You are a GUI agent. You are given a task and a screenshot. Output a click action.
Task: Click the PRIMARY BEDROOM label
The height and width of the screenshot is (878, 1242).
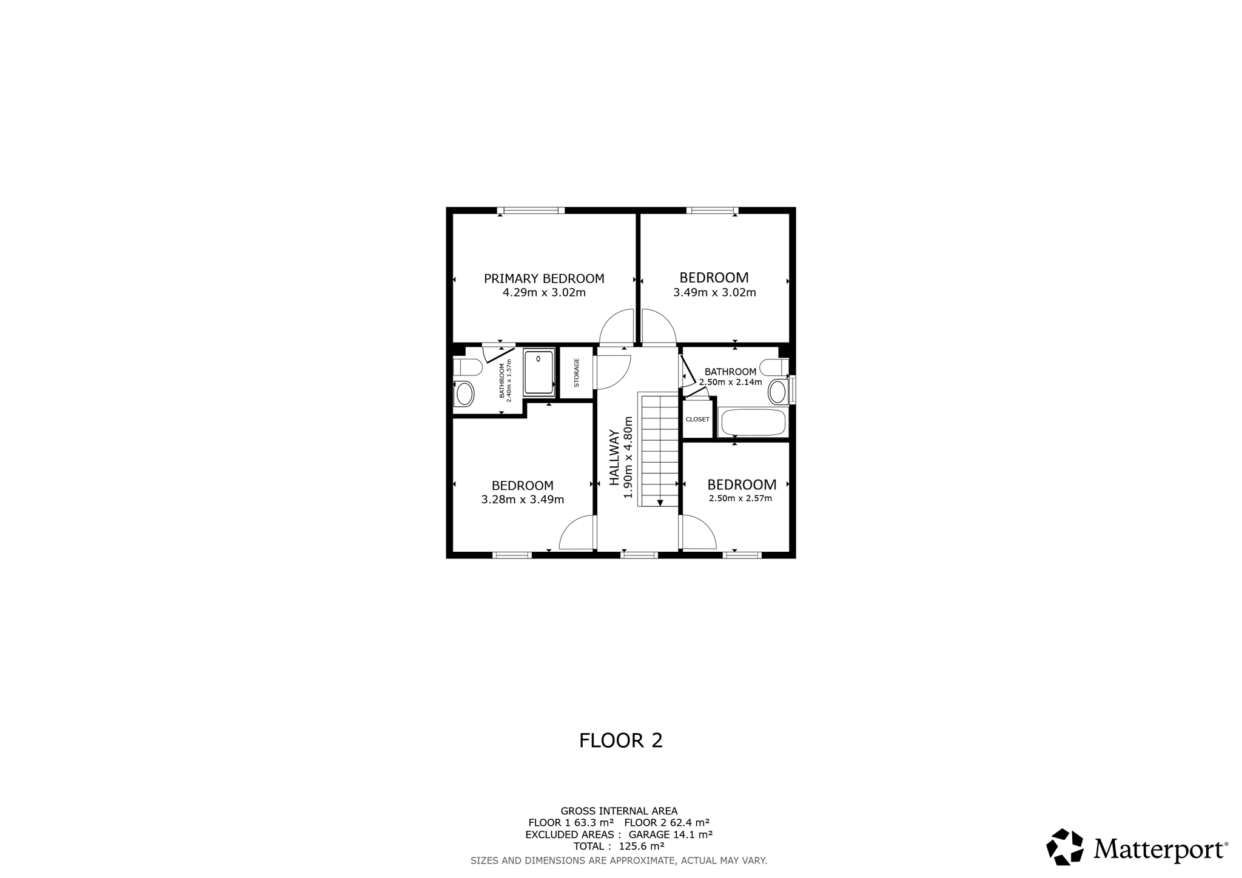(544, 279)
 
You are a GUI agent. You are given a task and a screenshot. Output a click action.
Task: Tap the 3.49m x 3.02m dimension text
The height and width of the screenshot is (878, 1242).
(714, 293)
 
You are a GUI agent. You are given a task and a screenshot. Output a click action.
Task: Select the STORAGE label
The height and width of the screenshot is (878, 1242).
(577, 372)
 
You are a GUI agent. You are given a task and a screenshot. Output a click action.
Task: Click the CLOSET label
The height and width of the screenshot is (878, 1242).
(697, 420)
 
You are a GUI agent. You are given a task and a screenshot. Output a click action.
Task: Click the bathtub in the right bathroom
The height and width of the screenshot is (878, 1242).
(753, 423)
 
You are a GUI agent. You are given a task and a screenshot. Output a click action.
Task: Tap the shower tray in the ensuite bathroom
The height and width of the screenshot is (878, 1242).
(539, 372)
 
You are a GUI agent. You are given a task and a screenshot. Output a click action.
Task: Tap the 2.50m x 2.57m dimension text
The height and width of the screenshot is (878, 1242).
(740, 499)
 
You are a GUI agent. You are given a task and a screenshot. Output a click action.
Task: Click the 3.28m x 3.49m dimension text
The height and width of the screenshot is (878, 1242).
(523, 500)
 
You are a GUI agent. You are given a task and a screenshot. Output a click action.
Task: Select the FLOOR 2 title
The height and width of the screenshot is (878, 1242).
(621, 740)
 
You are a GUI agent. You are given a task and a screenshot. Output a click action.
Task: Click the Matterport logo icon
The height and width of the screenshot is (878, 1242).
(1065, 846)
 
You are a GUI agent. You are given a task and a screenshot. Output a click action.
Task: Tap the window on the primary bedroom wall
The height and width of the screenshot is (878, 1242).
(531, 210)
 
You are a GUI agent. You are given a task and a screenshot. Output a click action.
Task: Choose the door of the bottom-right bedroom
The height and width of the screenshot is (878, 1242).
(698, 532)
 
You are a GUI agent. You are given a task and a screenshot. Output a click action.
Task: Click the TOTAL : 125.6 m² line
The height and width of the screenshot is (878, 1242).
(619, 846)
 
